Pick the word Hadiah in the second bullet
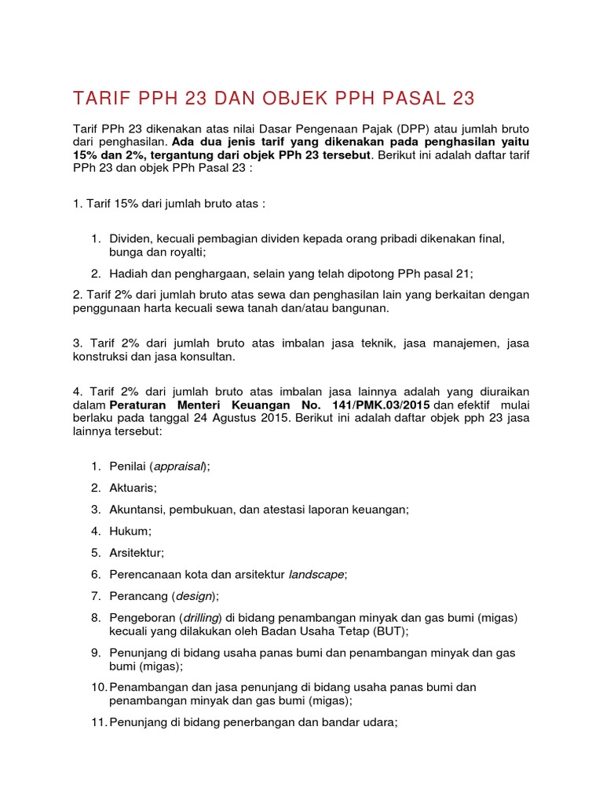click(129, 273)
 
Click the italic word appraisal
click(179, 467)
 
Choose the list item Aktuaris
click(133, 488)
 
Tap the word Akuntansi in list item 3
click(137, 509)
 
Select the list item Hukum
click(130, 531)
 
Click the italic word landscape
click(316, 575)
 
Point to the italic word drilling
click(198, 618)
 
